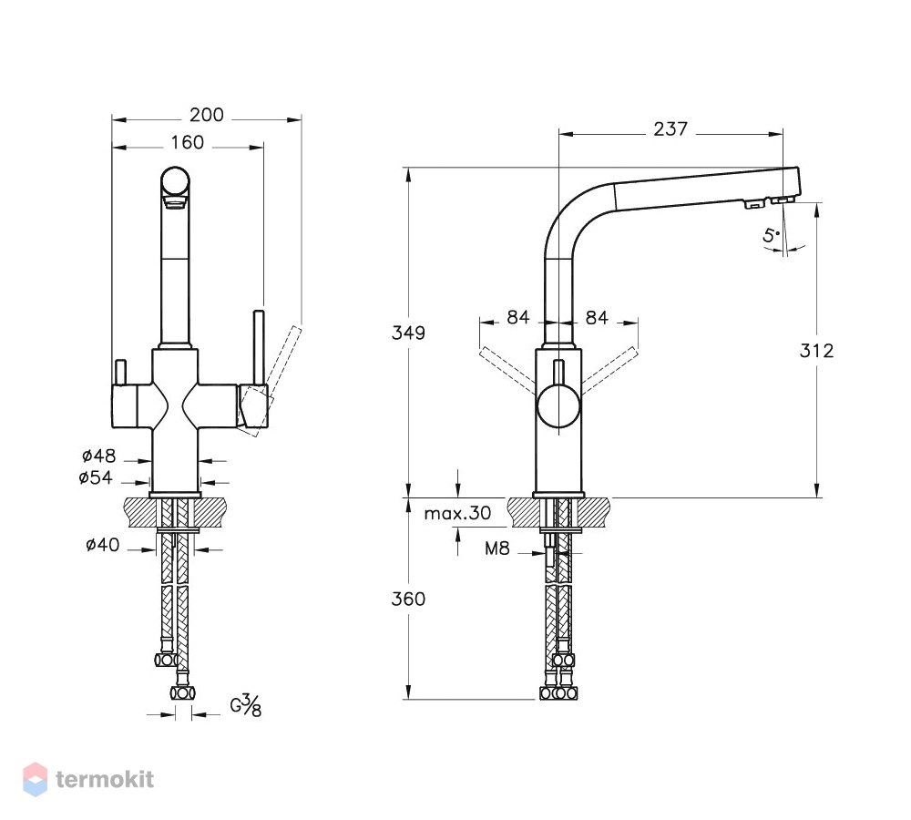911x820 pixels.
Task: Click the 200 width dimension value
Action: pyautogui.click(x=206, y=115)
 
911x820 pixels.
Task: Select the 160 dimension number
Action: pyautogui.click(x=187, y=142)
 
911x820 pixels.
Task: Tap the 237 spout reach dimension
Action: pyautogui.click(x=670, y=129)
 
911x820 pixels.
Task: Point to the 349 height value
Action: pyautogui.click(x=408, y=333)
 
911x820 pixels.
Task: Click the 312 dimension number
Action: pyautogui.click(x=816, y=351)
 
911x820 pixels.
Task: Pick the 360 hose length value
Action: pyautogui.click(x=408, y=600)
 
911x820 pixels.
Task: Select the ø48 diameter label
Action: pyautogui.click(x=98, y=456)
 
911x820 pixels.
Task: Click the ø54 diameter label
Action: pyautogui.click(x=96, y=477)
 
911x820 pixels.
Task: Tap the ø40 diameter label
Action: pyautogui.click(x=103, y=545)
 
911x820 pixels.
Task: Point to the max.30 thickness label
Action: pyautogui.click(x=458, y=513)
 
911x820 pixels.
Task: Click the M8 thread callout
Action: pyautogui.click(x=497, y=548)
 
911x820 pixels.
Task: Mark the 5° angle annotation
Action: pyautogui.click(x=772, y=235)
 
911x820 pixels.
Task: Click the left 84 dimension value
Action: pyautogui.click(x=518, y=317)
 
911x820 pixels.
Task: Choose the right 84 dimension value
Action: pyautogui.click(x=597, y=317)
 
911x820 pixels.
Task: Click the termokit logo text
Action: pyautogui.click(x=105, y=779)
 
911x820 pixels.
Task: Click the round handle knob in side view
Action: pyautogui.click(x=558, y=406)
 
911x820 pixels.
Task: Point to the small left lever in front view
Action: pyautogui.click(x=121, y=373)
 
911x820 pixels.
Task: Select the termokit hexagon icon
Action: pyautogui.click(x=35, y=779)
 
